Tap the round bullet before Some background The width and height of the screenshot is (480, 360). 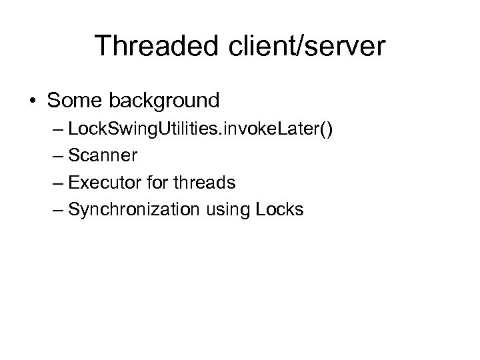point(32,101)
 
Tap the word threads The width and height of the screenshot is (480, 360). point(208,183)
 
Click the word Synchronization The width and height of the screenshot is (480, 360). point(134,210)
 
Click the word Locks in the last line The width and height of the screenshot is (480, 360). point(279,210)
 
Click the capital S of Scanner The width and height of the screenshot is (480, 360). point(74,156)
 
